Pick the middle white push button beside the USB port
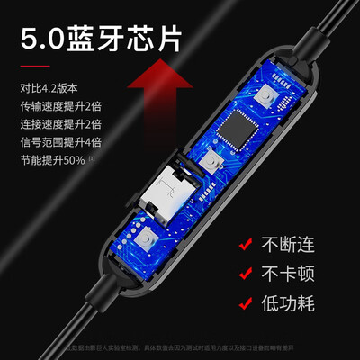coord(214,163)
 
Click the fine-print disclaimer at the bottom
coord(180,348)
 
